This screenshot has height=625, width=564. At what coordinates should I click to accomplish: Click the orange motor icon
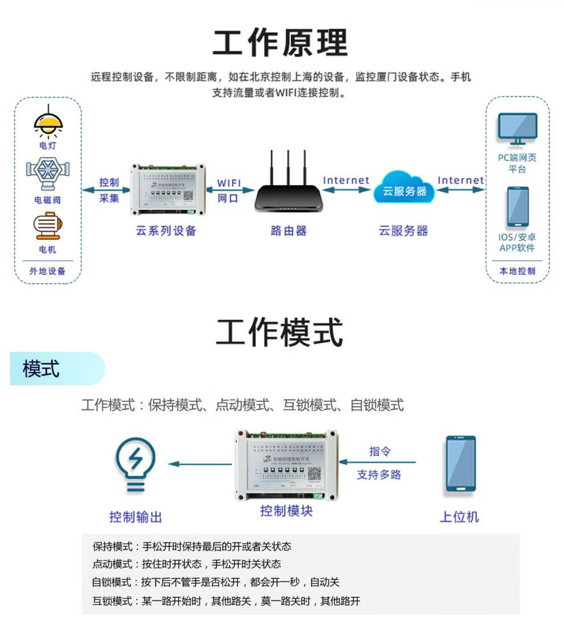47,226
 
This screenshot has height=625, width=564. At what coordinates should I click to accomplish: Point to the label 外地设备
48,271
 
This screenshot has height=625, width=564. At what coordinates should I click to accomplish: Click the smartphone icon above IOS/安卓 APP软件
517,206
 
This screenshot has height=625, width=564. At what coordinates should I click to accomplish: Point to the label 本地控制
517,271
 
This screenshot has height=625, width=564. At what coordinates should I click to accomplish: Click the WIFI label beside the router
229,183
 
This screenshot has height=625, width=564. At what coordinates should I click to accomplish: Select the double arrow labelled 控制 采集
108,190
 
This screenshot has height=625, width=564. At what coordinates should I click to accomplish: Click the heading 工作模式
280,333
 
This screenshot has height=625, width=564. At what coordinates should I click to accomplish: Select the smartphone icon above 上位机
460,464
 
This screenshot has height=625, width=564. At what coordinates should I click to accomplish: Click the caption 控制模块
287,510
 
